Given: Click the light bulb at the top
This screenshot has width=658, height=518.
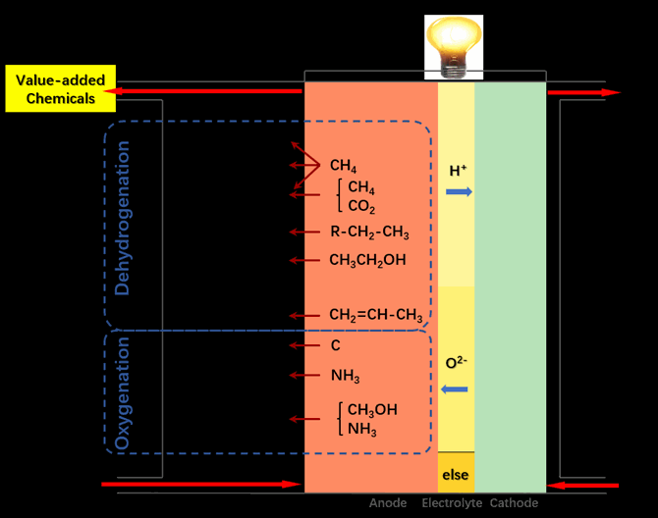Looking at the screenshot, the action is [454, 47].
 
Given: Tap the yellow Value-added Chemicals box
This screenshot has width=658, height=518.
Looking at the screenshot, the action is [61, 88].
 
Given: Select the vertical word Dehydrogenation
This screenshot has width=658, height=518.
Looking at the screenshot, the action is [123, 218].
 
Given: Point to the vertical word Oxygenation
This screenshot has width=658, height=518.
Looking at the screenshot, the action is [123, 393].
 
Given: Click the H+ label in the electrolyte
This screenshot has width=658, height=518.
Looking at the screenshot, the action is [458, 170].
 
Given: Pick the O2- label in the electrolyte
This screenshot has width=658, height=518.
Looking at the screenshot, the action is [456, 362].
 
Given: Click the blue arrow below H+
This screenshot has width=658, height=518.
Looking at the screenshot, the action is [459, 192].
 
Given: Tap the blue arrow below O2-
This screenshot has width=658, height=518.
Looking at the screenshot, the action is [455, 389].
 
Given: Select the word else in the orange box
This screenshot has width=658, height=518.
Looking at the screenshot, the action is [456, 475].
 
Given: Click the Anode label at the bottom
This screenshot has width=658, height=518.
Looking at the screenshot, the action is [388, 503].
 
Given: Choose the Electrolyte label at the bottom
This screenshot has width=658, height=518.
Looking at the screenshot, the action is [452, 503].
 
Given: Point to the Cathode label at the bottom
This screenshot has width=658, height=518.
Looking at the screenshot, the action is [514, 503].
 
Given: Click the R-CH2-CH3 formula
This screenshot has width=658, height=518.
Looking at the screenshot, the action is [369, 232].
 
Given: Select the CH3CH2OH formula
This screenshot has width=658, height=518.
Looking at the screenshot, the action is [367, 260].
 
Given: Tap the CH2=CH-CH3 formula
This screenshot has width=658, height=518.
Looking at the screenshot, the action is [376, 315].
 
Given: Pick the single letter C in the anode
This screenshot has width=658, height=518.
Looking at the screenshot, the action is [335, 345].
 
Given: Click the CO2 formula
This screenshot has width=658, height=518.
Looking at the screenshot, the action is [361, 206].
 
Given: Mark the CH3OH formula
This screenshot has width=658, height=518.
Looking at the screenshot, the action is [372, 409].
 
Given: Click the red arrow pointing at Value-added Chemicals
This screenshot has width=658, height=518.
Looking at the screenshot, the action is [202, 91].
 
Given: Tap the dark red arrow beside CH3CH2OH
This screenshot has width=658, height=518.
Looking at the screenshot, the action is [304, 260].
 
